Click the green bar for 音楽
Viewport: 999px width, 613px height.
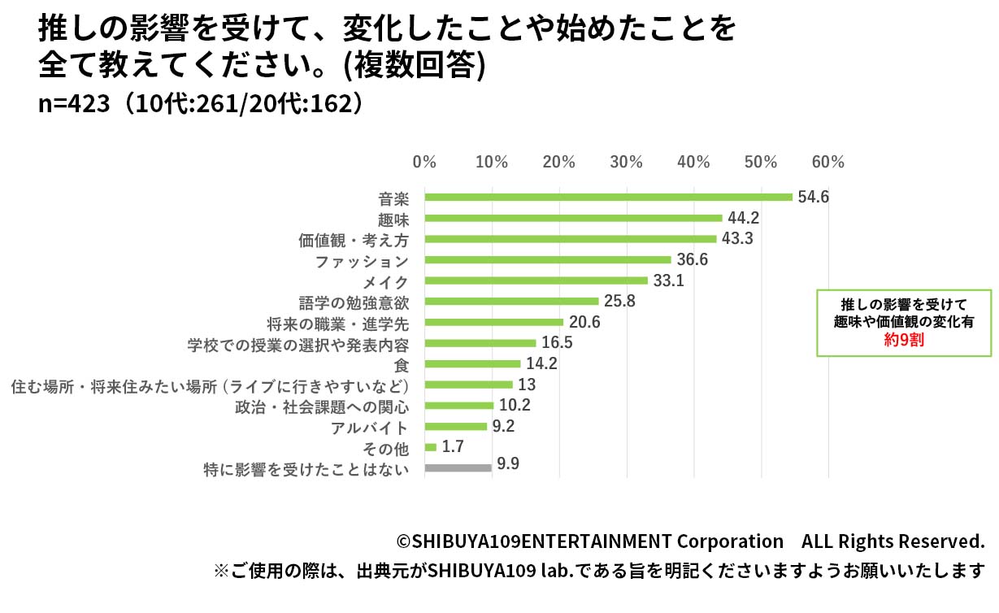tap(608, 197)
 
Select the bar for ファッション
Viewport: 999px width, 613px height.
tap(548, 260)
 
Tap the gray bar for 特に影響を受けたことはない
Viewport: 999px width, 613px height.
tap(458, 467)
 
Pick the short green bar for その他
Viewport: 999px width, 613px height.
tap(431, 447)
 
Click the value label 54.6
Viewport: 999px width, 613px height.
tap(813, 197)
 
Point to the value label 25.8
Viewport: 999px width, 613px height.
tap(619, 302)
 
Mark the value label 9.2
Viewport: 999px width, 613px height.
tap(504, 426)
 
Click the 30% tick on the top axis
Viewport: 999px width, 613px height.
tap(627, 162)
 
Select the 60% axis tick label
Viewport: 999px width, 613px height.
tap(828, 162)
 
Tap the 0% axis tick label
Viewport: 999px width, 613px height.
tap(424, 162)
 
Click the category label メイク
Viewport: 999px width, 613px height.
tap(384, 282)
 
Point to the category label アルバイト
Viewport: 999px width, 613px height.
tap(369, 428)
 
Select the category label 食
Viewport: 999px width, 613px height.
tap(401, 365)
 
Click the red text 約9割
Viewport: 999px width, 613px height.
tap(904, 341)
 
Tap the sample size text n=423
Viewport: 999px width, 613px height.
tap(74, 103)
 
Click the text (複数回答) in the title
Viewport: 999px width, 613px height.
tap(415, 67)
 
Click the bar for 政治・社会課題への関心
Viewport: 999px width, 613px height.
tap(458, 406)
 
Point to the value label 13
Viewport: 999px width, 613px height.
tap(527, 385)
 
